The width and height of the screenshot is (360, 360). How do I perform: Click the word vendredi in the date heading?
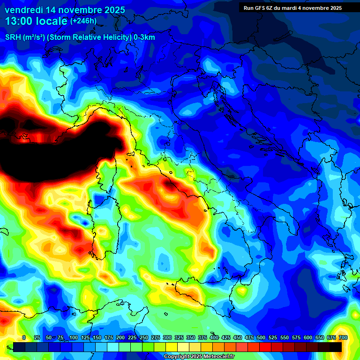(x=24, y=10)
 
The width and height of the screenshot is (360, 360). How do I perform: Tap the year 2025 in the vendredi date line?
(x=112, y=10)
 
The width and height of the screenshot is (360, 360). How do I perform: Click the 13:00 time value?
(x=20, y=22)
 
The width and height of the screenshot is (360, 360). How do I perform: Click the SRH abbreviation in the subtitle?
(x=13, y=37)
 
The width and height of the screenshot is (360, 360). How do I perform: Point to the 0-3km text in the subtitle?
(x=144, y=37)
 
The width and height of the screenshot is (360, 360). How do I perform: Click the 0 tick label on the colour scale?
(x=24, y=337)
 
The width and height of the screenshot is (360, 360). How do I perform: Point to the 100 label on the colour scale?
(x=74, y=337)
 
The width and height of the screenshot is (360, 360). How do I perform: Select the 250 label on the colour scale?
(x=143, y=337)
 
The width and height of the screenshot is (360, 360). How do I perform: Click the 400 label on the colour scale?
(x=214, y=337)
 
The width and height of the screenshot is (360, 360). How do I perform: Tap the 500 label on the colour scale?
(x=261, y=337)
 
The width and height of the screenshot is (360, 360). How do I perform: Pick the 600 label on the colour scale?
(x=308, y=337)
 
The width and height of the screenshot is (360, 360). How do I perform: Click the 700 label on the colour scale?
(x=343, y=337)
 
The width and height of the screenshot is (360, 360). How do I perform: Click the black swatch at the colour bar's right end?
(x=336, y=347)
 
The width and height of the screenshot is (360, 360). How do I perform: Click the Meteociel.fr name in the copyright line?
(x=218, y=357)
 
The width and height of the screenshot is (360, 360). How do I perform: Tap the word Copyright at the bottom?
(x=176, y=357)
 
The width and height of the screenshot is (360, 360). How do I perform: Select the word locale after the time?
(x=53, y=22)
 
